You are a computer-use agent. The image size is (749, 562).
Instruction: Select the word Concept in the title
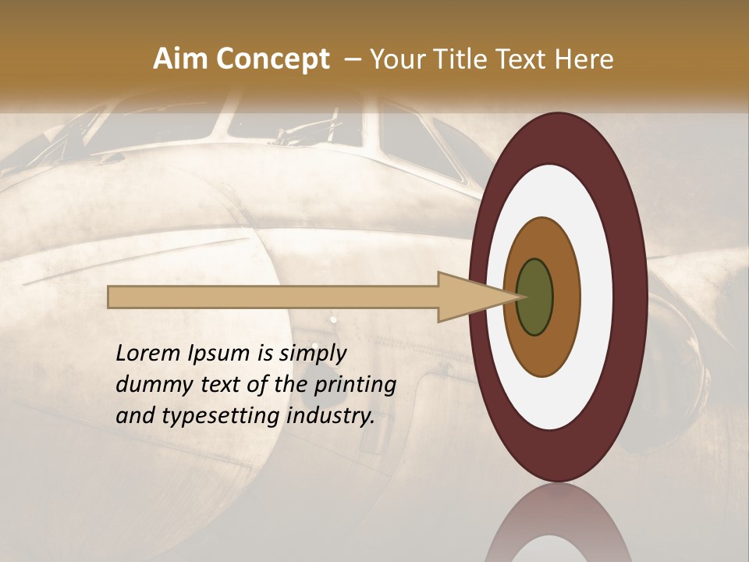(x=272, y=59)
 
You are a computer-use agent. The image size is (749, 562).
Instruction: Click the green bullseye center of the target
(x=534, y=297)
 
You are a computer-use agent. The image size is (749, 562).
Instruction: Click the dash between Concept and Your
(x=351, y=60)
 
